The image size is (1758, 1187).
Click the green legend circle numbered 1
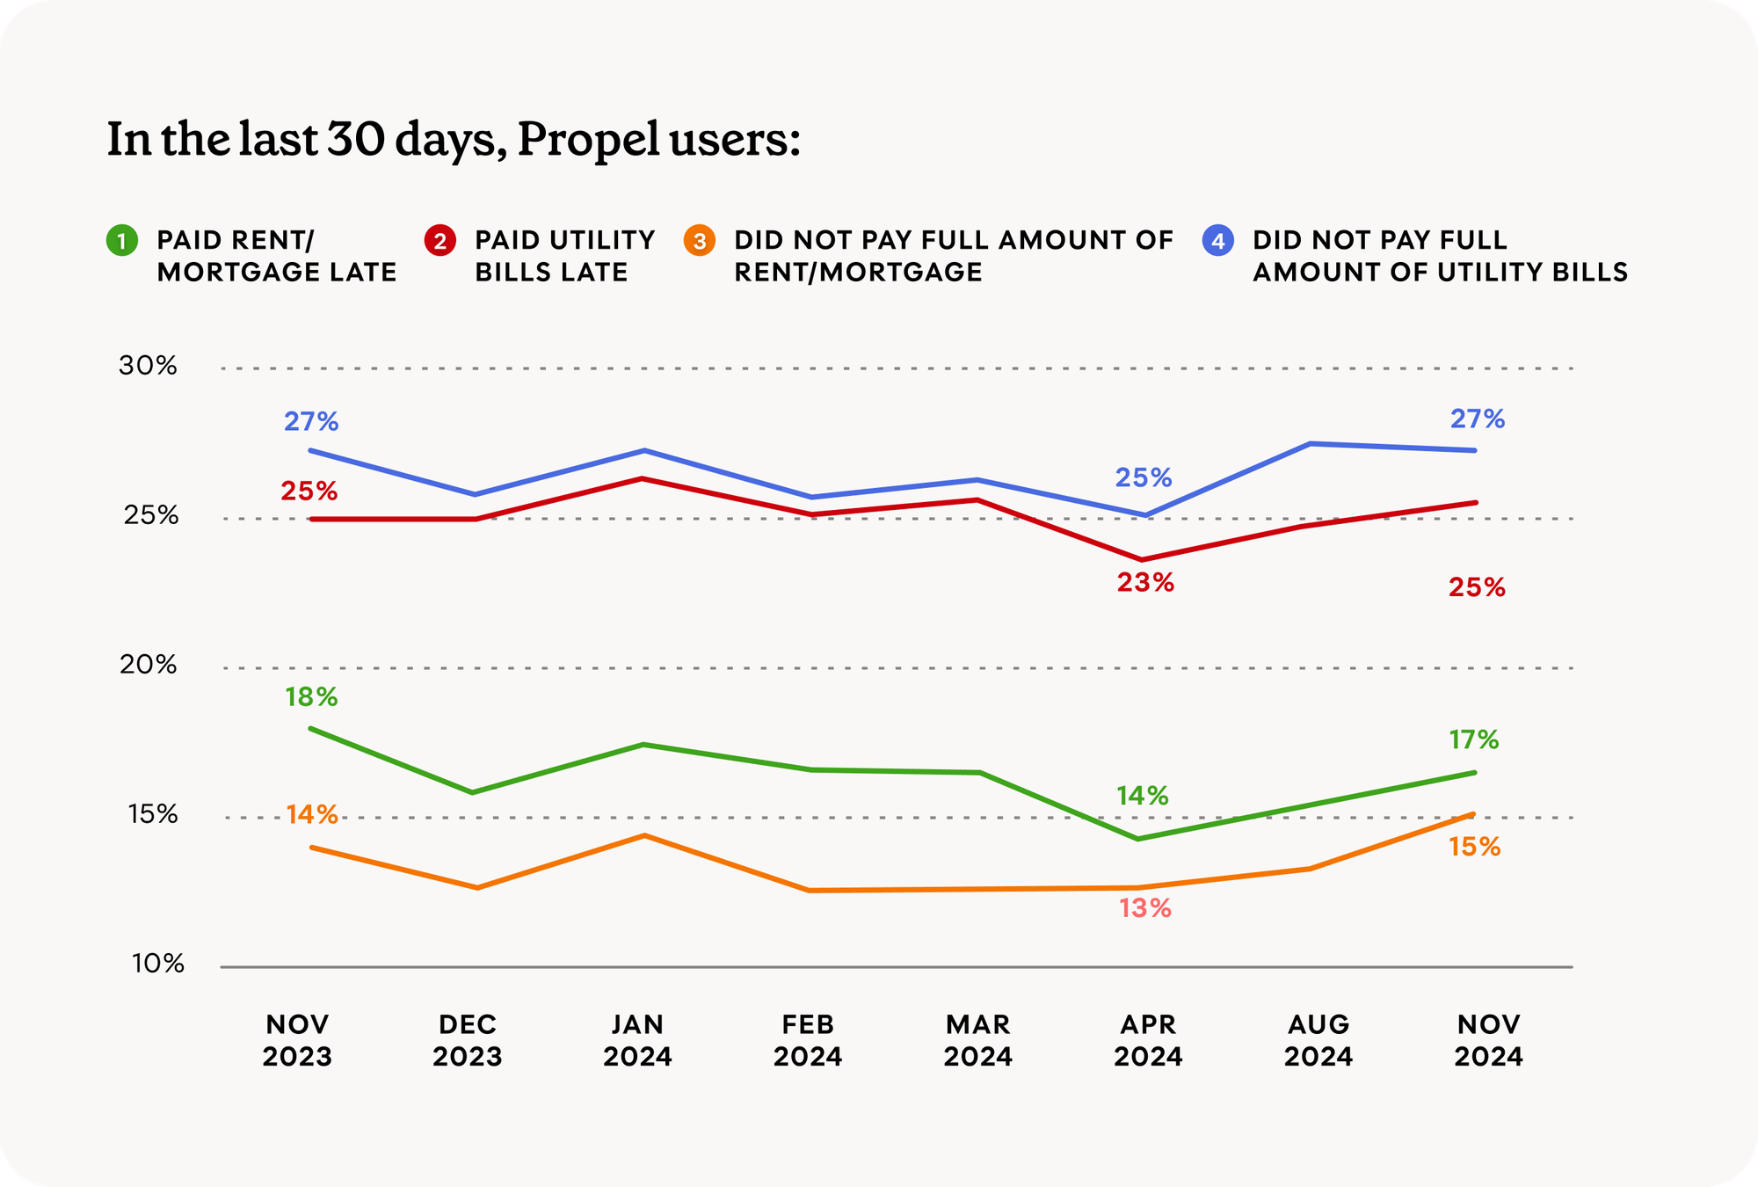click(122, 241)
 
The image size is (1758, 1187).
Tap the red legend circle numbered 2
click(440, 241)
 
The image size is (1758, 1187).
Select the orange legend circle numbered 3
click(700, 241)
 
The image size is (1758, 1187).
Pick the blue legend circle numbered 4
click(1218, 241)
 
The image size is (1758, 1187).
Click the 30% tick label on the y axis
click(148, 366)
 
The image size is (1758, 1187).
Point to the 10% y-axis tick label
click(158, 965)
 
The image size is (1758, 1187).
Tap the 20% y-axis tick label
click(148, 665)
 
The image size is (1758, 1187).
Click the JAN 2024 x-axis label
click(637, 1040)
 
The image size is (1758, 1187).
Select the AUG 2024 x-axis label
click(1318, 1040)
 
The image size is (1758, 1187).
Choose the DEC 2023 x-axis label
click(467, 1040)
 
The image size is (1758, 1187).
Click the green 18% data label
click(311, 697)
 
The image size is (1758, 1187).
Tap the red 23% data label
click(1145, 583)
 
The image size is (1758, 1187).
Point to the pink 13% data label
click(1145, 908)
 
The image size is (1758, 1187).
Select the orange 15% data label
click(1475, 848)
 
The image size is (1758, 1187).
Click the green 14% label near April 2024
click(1143, 797)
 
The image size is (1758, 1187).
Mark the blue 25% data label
click(1144, 478)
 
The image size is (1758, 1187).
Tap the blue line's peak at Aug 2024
click(1311, 444)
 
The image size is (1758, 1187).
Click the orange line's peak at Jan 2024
click(645, 835)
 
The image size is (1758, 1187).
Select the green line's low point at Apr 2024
click(1139, 839)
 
